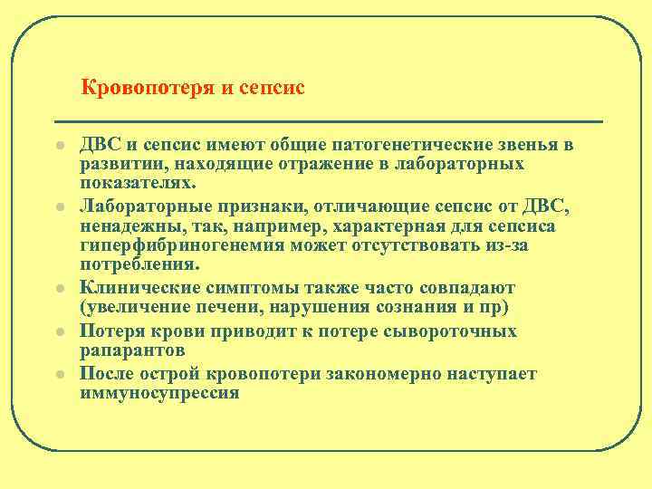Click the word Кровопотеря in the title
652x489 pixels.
coord(139,89)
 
